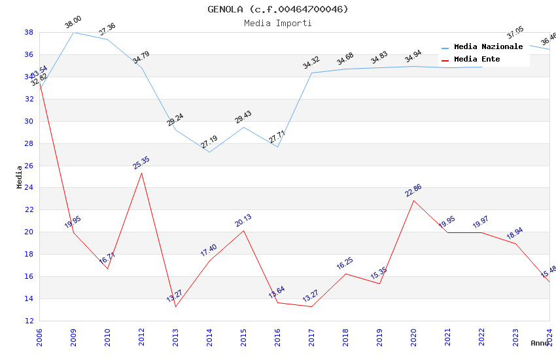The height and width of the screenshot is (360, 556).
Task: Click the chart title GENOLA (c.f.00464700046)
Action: tap(278, 9)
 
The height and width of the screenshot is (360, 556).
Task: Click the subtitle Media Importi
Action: tap(278, 23)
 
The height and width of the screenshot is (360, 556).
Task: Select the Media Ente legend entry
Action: tap(477, 59)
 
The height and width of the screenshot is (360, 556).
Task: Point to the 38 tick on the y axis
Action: tap(29, 32)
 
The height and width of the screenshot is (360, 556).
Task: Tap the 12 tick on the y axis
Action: tap(29, 321)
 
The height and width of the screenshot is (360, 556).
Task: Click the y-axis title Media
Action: tap(20, 177)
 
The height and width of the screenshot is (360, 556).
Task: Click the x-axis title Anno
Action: tap(540, 343)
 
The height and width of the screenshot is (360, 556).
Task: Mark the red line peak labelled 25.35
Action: tap(141, 172)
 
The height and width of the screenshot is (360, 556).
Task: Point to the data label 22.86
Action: tap(413, 191)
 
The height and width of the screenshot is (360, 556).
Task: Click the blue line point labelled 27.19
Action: tap(209, 153)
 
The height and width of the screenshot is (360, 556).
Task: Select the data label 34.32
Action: tap(311, 63)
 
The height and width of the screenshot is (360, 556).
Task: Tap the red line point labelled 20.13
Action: tap(243, 230)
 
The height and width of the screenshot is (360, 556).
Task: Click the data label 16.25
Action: tap(345, 264)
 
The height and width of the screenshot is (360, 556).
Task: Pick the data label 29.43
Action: tap(243, 118)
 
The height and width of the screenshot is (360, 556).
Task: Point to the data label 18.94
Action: tap(515, 234)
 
